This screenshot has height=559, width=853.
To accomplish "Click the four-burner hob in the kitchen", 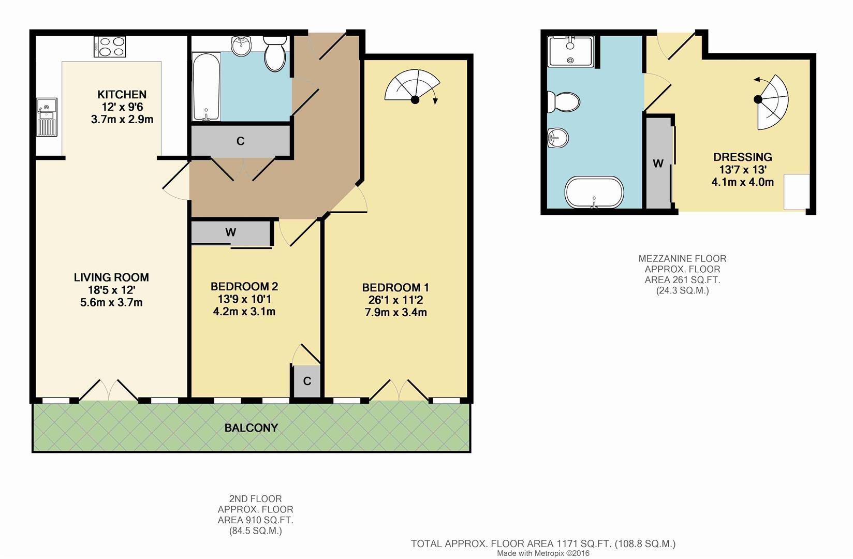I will [x=110, y=46].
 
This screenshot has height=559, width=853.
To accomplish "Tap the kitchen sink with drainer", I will [x=47, y=117].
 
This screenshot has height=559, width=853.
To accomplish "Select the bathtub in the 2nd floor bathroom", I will [x=206, y=87].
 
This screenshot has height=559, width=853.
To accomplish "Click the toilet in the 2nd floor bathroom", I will [x=274, y=53].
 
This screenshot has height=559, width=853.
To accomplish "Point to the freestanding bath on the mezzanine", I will [x=594, y=192].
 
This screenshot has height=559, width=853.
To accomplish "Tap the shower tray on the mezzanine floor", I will [x=570, y=51].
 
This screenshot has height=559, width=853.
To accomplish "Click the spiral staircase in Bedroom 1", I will [x=413, y=86].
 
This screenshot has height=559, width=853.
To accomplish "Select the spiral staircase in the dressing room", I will [x=772, y=102].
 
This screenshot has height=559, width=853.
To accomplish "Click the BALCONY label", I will [x=251, y=428].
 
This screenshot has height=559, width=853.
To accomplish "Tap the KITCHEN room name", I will [x=122, y=94].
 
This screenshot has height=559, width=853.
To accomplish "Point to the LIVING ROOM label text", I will [x=111, y=277].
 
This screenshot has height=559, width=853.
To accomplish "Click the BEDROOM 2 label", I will [x=244, y=287].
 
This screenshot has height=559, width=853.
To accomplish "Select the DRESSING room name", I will [x=742, y=157].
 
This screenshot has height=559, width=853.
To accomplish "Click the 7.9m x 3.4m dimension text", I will [x=395, y=312].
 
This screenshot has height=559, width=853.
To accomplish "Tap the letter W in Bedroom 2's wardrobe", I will [x=231, y=232].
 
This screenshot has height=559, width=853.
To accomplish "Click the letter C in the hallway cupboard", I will [x=240, y=141].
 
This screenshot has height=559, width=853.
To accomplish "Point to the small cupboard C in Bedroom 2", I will [x=307, y=381].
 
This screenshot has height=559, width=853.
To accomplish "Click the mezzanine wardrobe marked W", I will [x=658, y=164].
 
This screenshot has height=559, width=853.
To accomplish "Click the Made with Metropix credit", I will [x=543, y=553].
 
